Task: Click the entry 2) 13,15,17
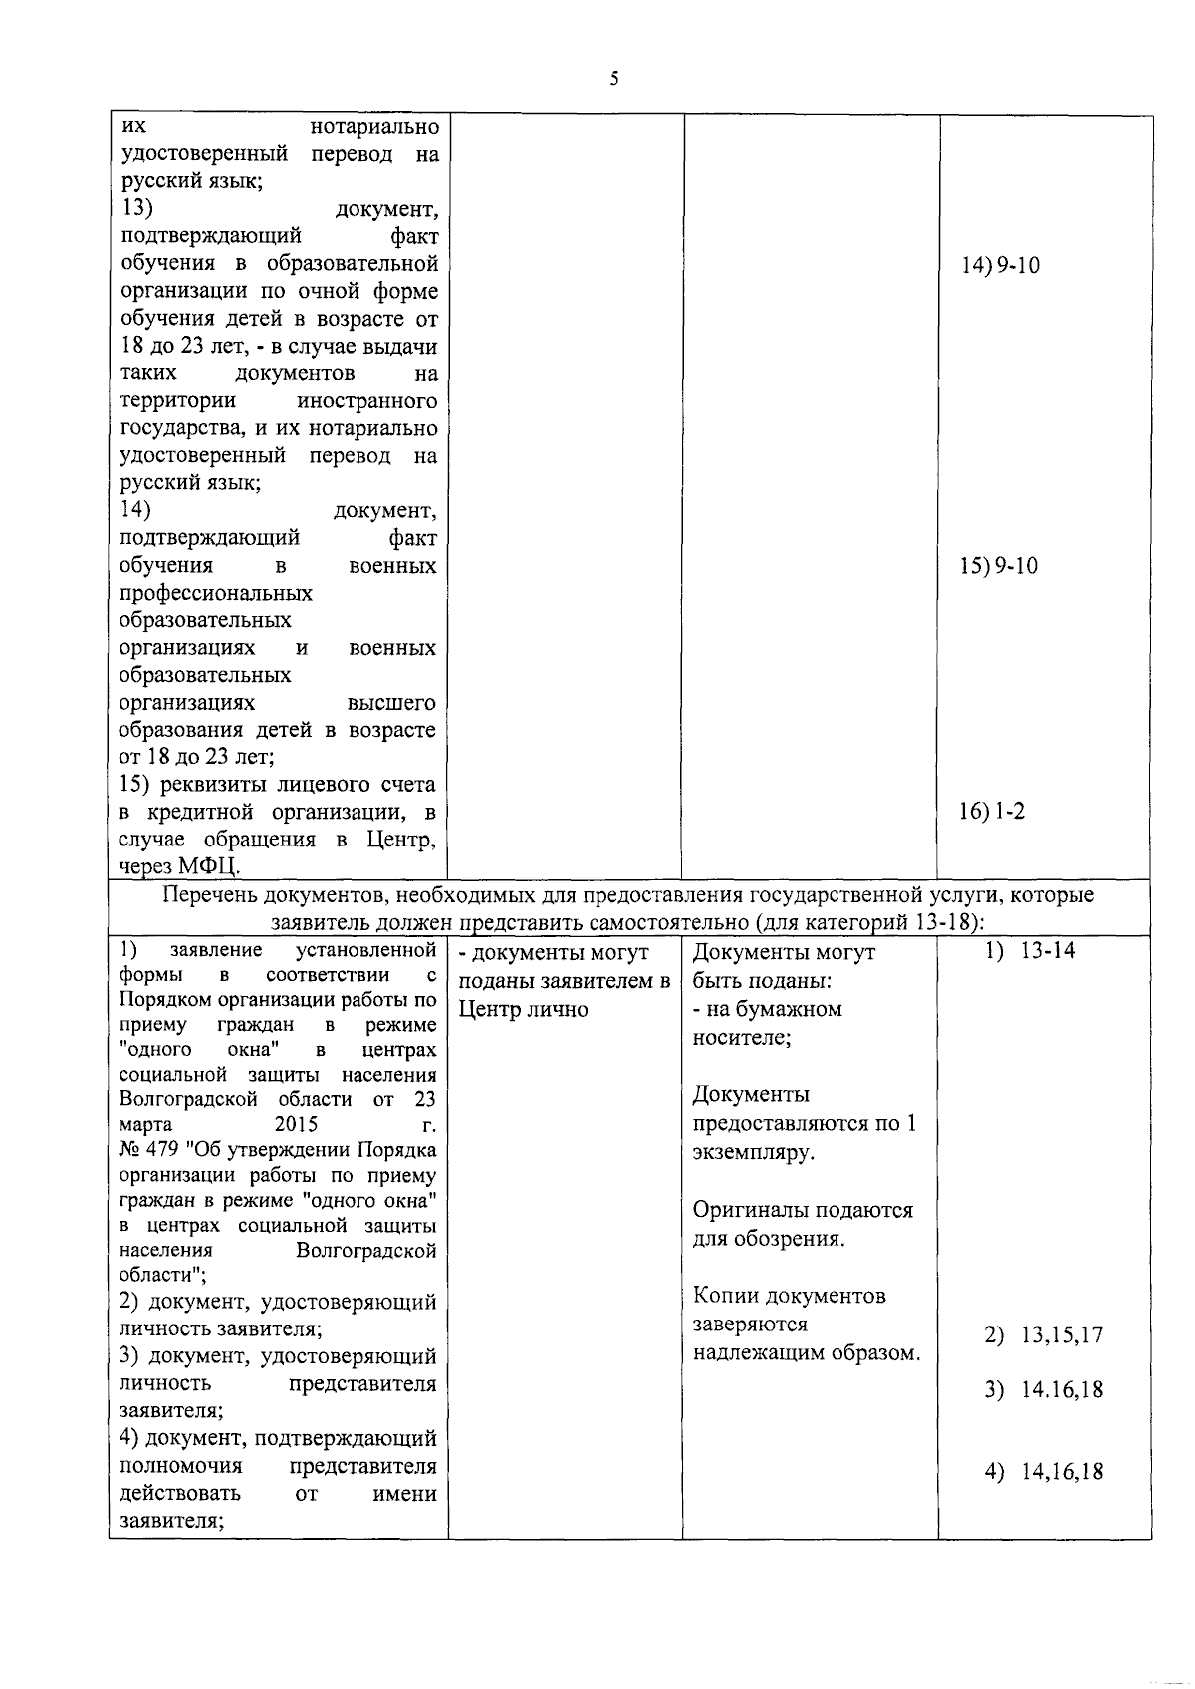tap(1044, 1335)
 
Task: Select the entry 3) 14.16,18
tap(1044, 1390)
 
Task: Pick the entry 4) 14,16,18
tap(1044, 1472)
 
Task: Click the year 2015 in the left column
tap(296, 1125)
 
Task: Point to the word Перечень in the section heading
tap(206, 895)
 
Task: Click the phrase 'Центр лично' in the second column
tap(523, 1009)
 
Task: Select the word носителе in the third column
tap(739, 1038)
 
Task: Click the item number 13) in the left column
tap(135, 209)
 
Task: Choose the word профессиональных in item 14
tap(216, 594)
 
